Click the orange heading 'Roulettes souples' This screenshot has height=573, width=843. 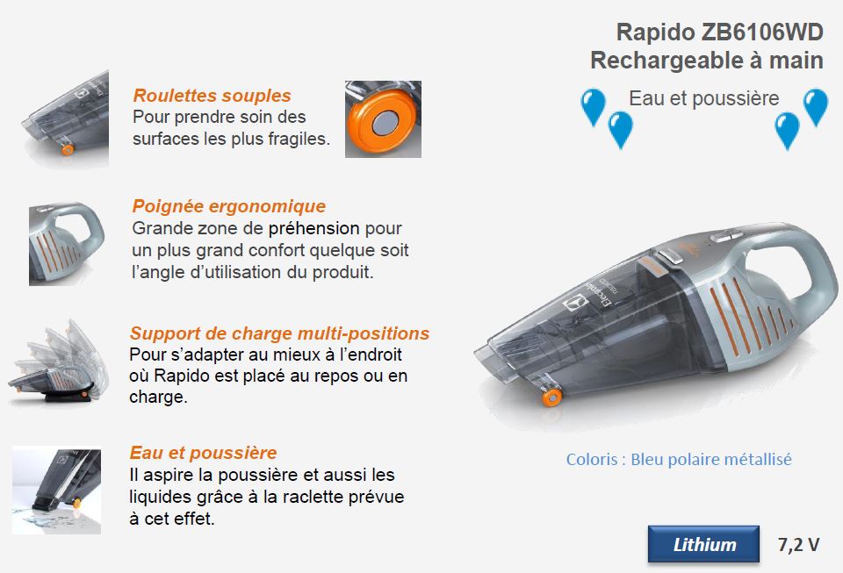click(x=212, y=96)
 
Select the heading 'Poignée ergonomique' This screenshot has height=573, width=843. click(x=228, y=206)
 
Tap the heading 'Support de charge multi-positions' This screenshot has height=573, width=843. click(x=279, y=333)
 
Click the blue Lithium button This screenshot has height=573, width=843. click(x=703, y=545)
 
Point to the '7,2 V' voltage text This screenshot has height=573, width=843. click(x=798, y=545)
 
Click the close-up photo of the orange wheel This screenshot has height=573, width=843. click(x=383, y=119)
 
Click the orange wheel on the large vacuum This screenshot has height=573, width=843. click(x=551, y=397)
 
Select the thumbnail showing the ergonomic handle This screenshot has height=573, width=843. click(x=66, y=243)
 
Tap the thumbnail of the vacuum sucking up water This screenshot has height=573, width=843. click(x=56, y=490)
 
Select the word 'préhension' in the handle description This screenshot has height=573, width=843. click(x=317, y=228)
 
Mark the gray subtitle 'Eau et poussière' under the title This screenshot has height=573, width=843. click(x=703, y=98)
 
